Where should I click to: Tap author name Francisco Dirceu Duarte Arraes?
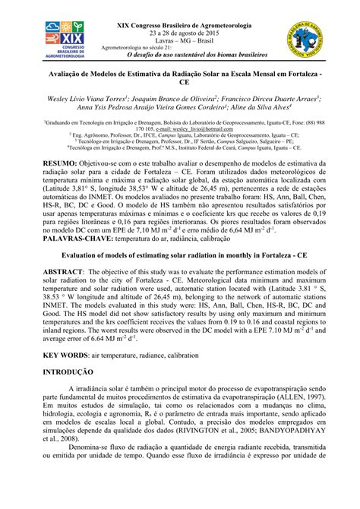[x=267, y=97]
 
